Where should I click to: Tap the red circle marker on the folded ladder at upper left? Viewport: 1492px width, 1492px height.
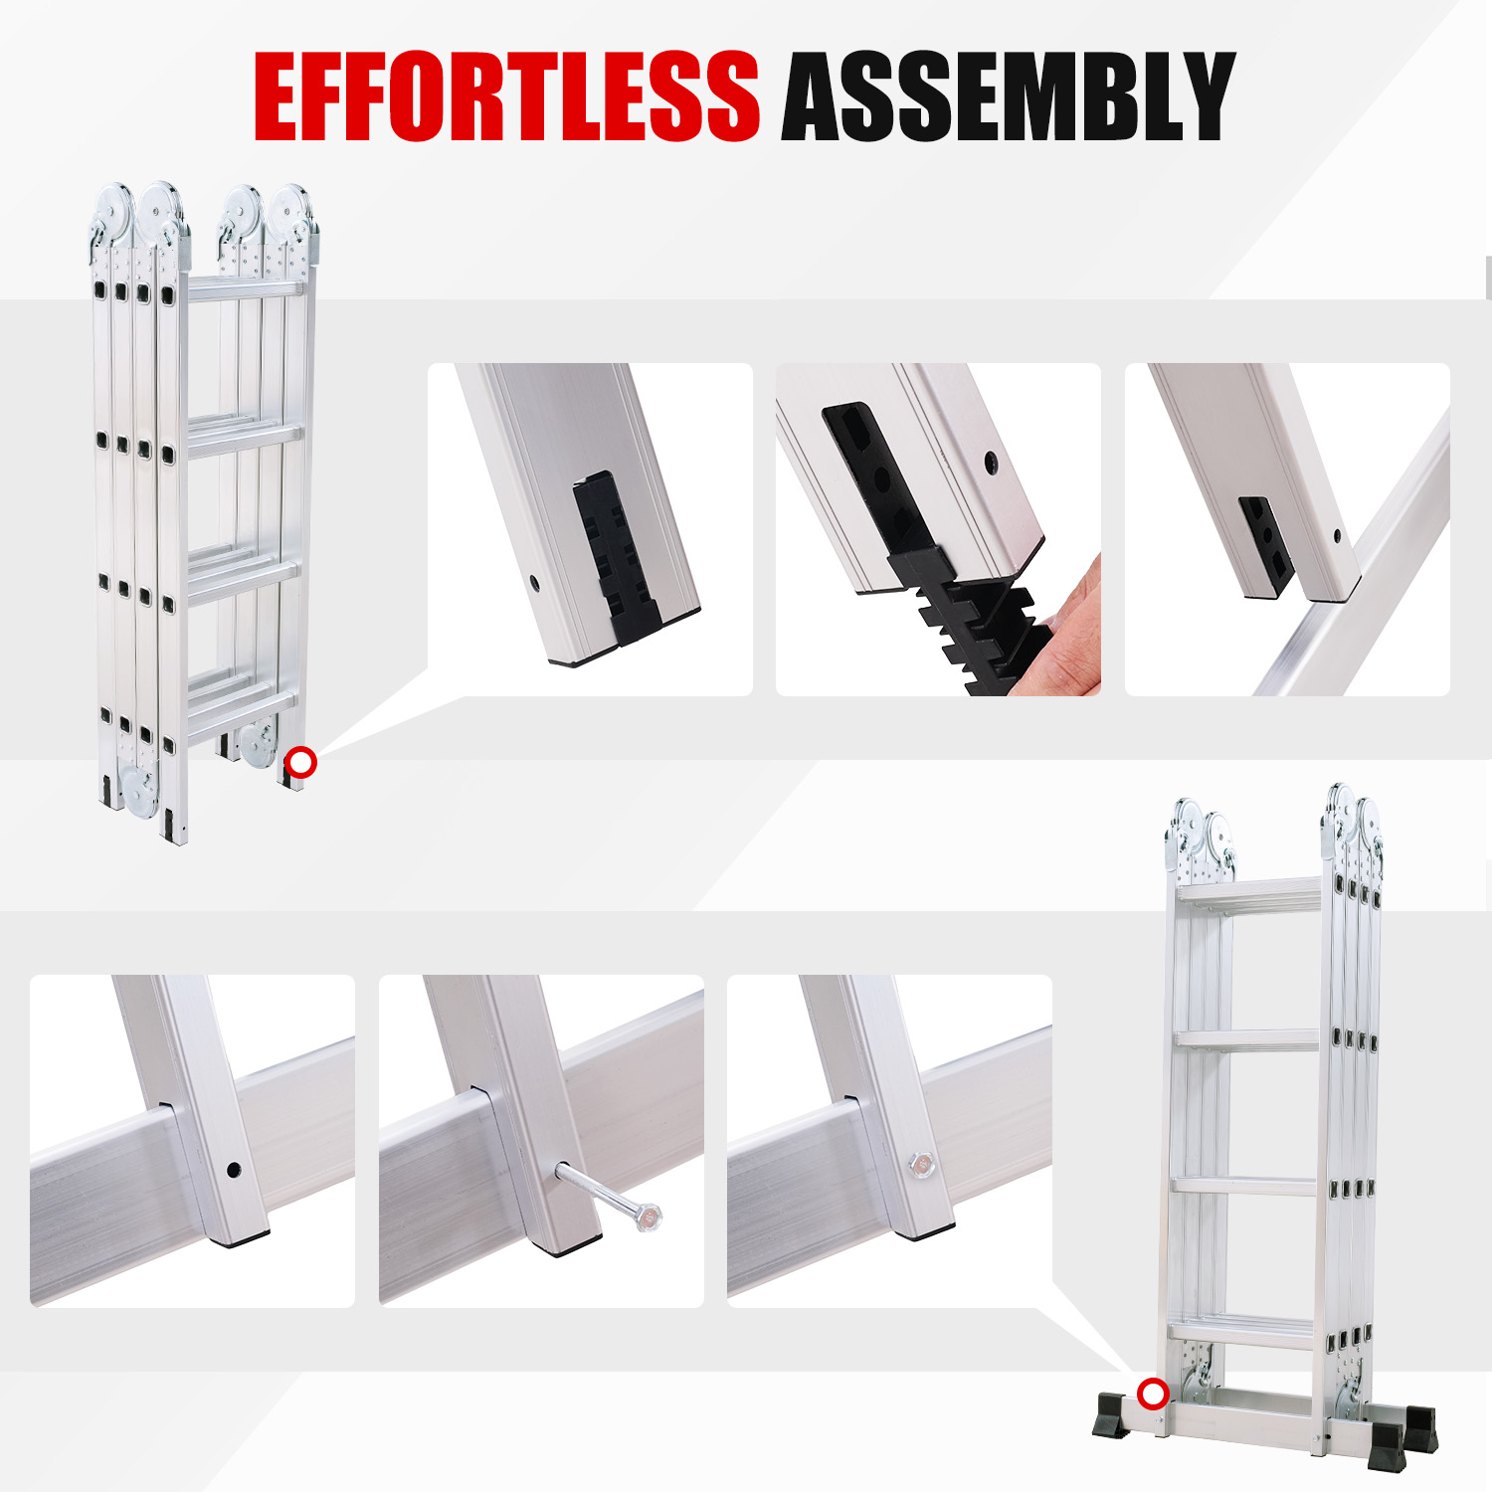click(300, 763)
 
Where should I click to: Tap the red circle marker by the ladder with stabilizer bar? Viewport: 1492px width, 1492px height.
click(1153, 1395)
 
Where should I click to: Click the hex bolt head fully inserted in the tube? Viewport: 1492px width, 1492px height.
click(922, 1162)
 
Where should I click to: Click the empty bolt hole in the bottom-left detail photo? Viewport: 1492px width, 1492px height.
click(234, 1170)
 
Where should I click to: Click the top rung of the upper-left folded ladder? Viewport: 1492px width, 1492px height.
click(244, 288)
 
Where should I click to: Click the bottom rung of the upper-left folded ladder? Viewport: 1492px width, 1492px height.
click(242, 709)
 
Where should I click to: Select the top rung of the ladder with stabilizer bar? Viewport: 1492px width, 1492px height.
click(1249, 890)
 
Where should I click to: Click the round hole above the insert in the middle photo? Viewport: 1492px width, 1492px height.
click(992, 462)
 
